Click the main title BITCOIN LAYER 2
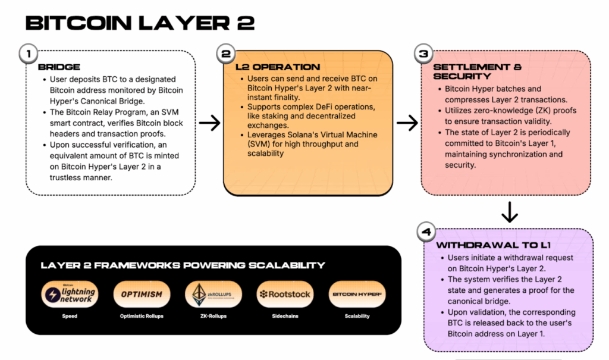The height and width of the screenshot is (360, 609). pyautogui.click(x=140, y=23)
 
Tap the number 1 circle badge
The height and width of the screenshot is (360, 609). pyautogui.click(x=28, y=54)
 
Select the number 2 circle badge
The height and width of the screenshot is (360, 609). pyautogui.click(x=226, y=54)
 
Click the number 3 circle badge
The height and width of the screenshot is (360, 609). pyautogui.click(x=423, y=54)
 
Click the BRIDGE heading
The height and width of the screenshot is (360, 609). pyautogui.click(x=59, y=67)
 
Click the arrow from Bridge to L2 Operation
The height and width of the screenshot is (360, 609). pyautogui.click(x=209, y=123)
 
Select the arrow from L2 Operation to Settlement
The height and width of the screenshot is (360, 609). pyautogui.click(x=407, y=123)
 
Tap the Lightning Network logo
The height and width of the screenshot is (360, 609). pyautogui.click(x=70, y=295)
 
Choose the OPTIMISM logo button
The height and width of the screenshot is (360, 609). pyautogui.click(x=142, y=295)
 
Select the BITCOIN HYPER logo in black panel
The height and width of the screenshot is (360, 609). pyautogui.click(x=357, y=295)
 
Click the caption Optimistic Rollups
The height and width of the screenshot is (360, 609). pyautogui.click(x=142, y=317)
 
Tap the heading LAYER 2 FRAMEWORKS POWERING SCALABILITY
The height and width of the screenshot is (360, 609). pyautogui.click(x=183, y=265)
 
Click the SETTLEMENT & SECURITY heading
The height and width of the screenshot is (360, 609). pyautogui.click(x=470, y=72)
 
